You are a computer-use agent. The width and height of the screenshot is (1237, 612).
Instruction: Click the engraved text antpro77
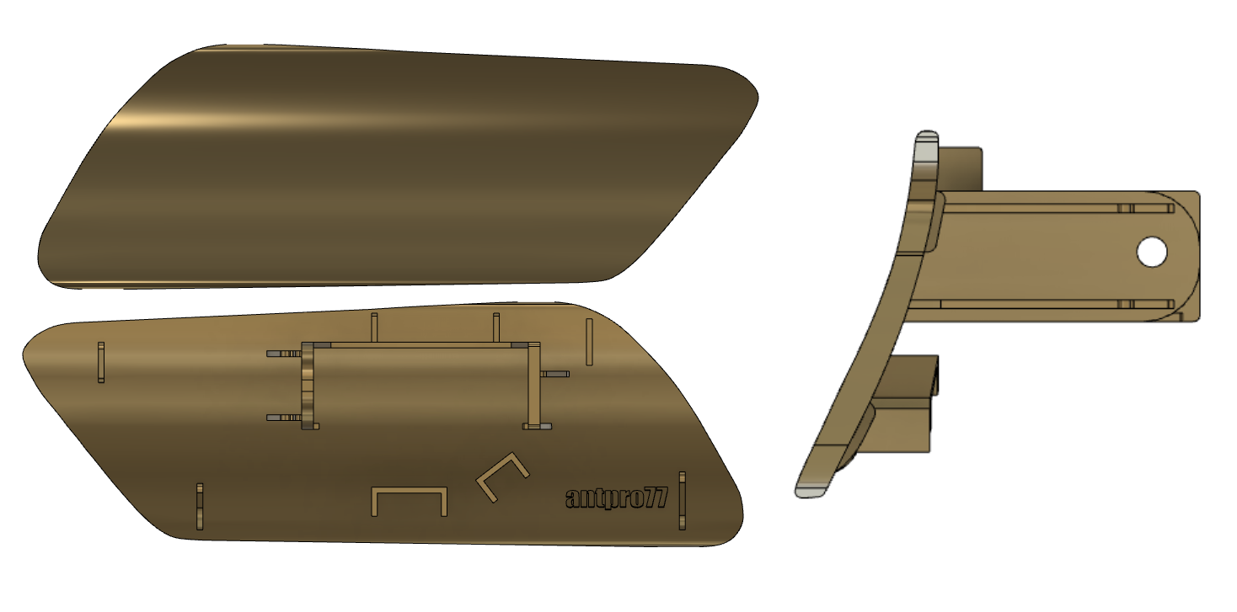617,498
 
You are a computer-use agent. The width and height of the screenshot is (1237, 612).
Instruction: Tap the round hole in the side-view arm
1151,253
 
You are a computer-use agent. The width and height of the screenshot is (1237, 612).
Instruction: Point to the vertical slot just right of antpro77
682,501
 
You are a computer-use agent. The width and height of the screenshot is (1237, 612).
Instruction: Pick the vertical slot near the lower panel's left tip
101,362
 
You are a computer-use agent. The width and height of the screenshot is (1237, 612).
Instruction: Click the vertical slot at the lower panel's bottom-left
200,506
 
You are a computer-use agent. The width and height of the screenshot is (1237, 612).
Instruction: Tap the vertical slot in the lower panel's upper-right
589,342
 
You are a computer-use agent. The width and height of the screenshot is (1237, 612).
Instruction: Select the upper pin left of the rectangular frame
284,354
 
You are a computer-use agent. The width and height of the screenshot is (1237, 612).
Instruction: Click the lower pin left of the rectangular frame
284,418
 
